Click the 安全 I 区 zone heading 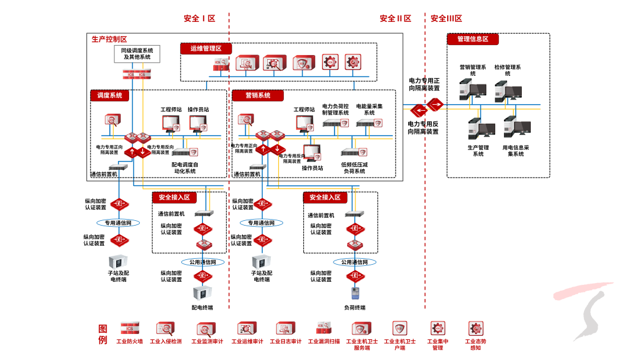pyautogui.click(x=200, y=18)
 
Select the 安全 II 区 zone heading pyautogui.click(x=395, y=18)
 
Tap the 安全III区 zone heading pyautogui.click(x=446, y=18)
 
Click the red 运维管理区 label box pyautogui.click(x=206, y=49)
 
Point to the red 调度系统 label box pyautogui.click(x=110, y=95)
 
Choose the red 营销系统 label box pyautogui.click(x=258, y=95)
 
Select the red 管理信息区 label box pyautogui.click(x=473, y=39)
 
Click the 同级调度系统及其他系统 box pyautogui.click(x=137, y=54)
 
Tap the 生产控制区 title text pyautogui.click(x=109, y=39)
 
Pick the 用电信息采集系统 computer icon pyautogui.click(x=515, y=127)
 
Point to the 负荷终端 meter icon pyautogui.click(x=354, y=294)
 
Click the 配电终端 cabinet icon pyautogui.click(x=202, y=292)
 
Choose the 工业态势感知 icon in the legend pyautogui.click(x=476, y=329)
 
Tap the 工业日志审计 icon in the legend pyautogui.click(x=285, y=329)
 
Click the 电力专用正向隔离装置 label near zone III pyautogui.click(x=424, y=84)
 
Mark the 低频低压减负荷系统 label pyautogui.click(x=354, y=168)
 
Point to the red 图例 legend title pyautogui.click(x=103, y=334)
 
